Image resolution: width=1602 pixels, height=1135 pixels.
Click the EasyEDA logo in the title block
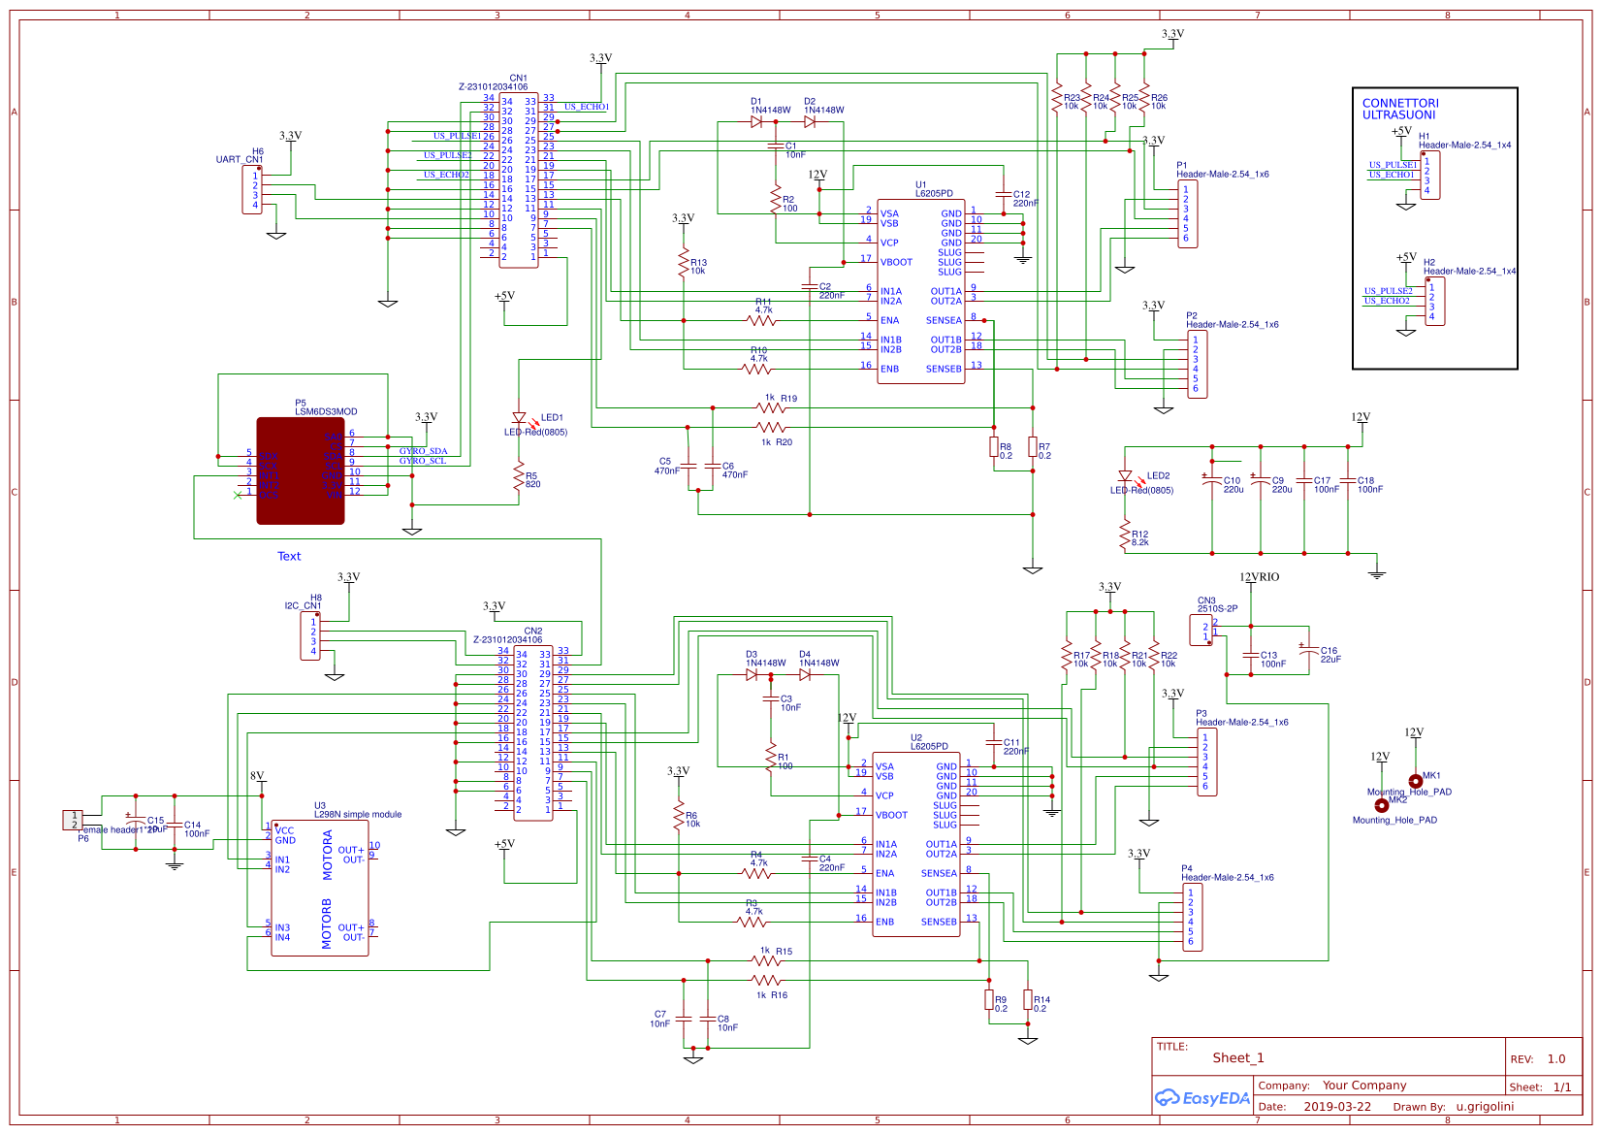pos(1201,1098)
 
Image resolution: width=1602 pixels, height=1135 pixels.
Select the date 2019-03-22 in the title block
pos(1337,1107)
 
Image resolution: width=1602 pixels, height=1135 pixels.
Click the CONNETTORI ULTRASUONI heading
pos(1400,109)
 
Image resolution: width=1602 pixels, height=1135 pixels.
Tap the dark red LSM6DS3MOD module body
pos(300,470)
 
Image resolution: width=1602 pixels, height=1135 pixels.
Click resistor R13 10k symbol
pos(684,262)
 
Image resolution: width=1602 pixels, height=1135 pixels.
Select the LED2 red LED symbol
pos(1125,476)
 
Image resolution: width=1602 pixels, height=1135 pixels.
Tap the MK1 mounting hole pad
pos(1415,781)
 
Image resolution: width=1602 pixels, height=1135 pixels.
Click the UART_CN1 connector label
pos(240,160)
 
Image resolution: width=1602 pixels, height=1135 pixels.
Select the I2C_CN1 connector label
pos(303,606)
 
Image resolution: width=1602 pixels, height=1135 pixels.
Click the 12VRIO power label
pos(1259,577)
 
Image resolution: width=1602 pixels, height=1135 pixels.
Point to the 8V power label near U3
pos(257,776)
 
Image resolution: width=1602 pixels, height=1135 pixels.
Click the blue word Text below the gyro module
pos(289,557)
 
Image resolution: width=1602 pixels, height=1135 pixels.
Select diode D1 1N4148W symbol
pos(756,122)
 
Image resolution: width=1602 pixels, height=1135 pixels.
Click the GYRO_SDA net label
pos(423,451)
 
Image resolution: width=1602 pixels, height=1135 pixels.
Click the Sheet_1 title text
pos(1237,1058)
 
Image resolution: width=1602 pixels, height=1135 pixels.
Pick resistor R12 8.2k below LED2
pos(1125,534)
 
